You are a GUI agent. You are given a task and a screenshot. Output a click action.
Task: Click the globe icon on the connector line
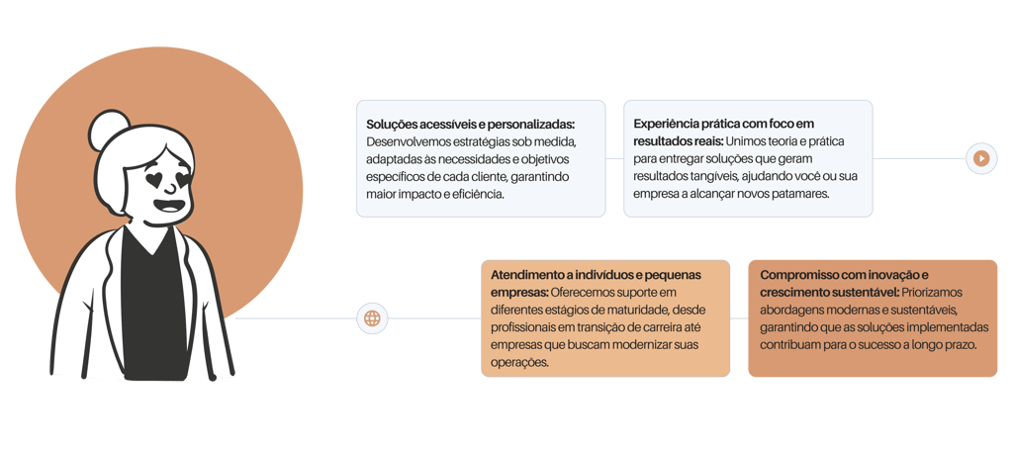click(372, 318)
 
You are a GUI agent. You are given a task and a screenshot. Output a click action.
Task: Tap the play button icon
click(981, 157)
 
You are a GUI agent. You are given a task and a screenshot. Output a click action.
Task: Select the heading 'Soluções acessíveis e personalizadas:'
click(470, 125)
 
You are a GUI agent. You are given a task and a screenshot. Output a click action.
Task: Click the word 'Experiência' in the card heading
click(669, 124)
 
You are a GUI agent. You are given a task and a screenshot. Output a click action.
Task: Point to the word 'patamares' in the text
click(795, 194)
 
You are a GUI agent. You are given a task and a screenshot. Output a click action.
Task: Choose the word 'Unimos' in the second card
click(750, 141)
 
